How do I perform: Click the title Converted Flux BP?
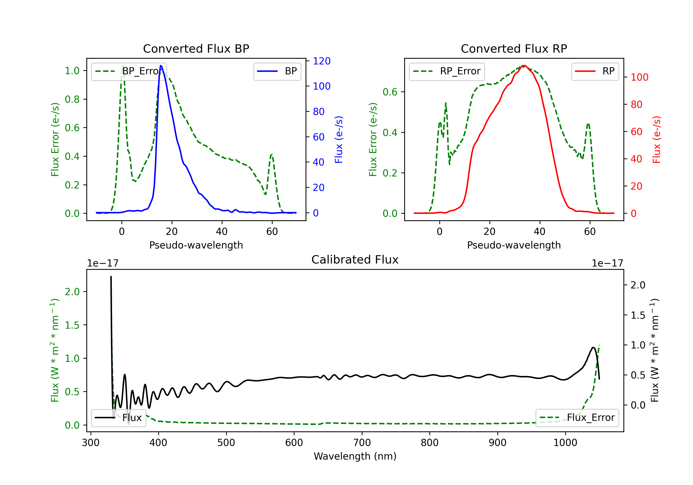point(196,48)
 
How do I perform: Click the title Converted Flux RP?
point(514,48)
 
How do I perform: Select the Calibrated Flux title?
point(355,260)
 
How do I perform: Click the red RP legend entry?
point(595,71)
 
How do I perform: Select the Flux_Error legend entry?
point(577,418)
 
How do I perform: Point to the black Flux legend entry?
point(118,418)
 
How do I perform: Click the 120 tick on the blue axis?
point(322,61)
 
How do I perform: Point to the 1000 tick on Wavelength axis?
point(565,443)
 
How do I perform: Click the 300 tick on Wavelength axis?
point(91,443)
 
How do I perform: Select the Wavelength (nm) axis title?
point(355,456)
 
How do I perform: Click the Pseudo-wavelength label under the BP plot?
point(196,245)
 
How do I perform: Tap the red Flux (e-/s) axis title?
point(657,139)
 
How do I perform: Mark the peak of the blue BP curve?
point(161,66)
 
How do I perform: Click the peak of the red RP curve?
point(524,66)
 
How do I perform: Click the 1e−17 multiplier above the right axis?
point(607,264)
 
